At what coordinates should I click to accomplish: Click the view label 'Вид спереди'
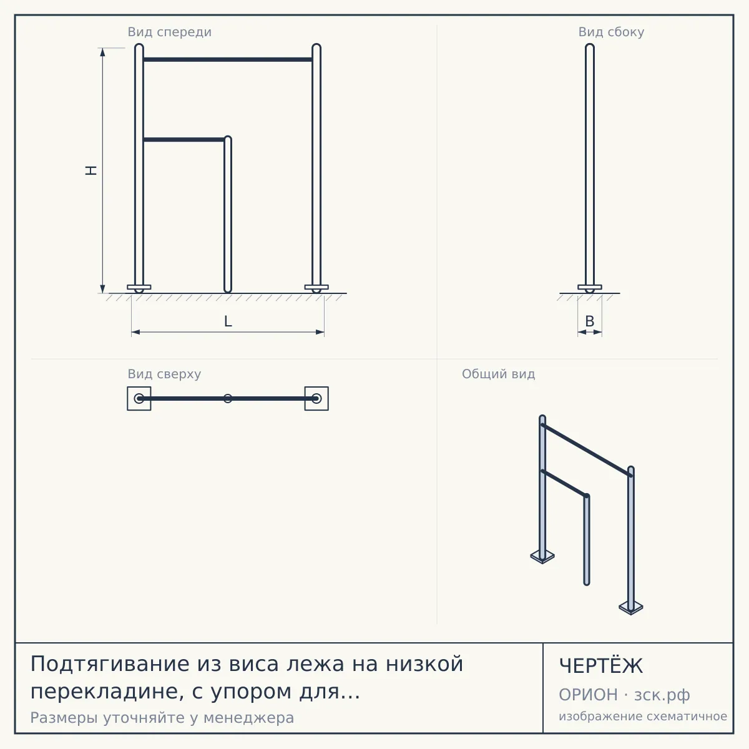[170, 32]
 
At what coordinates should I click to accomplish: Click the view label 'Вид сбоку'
[611, 32]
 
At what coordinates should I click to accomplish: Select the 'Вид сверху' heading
[164, 374]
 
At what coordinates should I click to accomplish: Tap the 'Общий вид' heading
[498, 374]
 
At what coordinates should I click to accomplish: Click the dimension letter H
[91, 170]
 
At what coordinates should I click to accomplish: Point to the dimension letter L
[228, 321]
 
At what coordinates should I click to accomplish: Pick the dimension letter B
[590, 321]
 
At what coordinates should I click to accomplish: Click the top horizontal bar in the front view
[228, 59]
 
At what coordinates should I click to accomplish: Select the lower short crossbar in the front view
[184, 140]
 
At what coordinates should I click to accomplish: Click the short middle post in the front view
[228, 214]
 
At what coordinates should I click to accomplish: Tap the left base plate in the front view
[139, 287]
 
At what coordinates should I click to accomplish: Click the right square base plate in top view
[316, 398]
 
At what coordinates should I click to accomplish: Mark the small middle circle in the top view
[228, 398]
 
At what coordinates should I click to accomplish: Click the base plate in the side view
[590, 287]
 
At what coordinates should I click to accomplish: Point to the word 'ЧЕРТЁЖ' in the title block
[601, 666]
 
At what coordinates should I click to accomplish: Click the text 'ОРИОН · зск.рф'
[624, 695]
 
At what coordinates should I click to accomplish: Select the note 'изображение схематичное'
[643, 716]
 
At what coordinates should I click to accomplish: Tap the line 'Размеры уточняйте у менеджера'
[162, 718]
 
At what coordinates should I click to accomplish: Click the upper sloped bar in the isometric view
[587, 451]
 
